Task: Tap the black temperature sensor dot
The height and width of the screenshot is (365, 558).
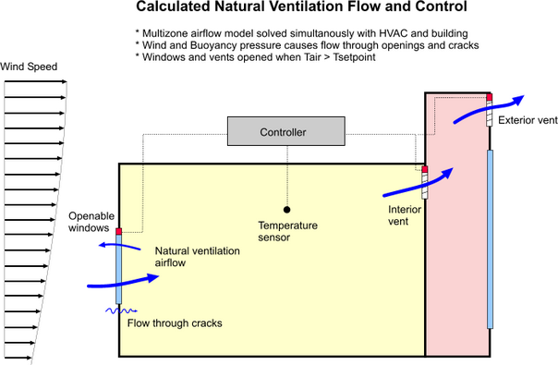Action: click(x=286, y=210)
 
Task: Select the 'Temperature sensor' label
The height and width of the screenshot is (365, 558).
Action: click(x=286, y=231)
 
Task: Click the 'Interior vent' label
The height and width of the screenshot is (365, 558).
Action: click(x=405, y=215)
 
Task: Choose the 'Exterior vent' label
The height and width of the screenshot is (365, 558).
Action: click(x=528, y=120)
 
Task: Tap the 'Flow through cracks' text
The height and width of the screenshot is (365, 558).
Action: click(x=175, y=322)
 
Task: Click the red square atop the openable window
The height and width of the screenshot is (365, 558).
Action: click(x=119, y=231)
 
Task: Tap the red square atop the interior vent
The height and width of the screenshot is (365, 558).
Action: click(x=425, y=168)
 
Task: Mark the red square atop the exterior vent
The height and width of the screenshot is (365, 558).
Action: click(x=490, y=96)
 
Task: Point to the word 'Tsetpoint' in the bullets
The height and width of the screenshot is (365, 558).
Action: click(x=355, y=58)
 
